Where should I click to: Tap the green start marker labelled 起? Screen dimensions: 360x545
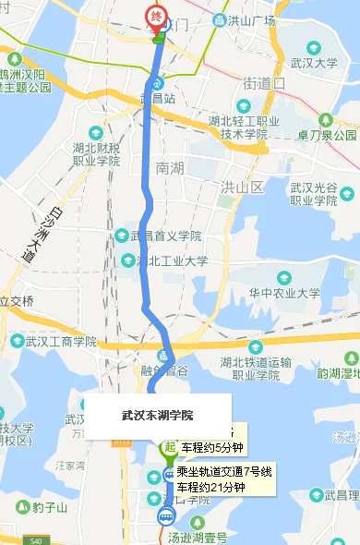coord(169,448)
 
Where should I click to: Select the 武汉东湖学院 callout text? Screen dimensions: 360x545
coord(158,415)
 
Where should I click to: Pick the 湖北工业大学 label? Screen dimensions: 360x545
coord(172,261)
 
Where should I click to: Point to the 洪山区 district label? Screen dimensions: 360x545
coord(242,188)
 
